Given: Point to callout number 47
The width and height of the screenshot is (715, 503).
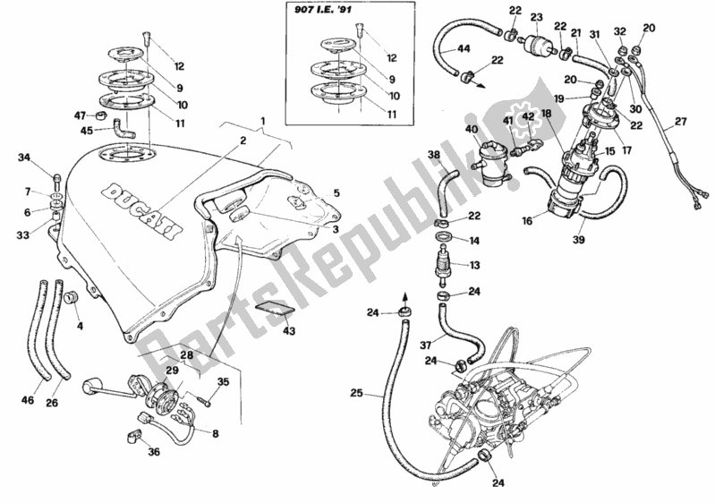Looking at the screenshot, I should click(79, 116).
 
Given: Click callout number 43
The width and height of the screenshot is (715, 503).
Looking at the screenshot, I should click(288, 331).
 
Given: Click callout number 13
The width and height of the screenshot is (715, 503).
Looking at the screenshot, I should click(475, 265).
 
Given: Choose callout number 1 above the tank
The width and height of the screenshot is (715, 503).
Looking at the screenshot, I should click(263, 121).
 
